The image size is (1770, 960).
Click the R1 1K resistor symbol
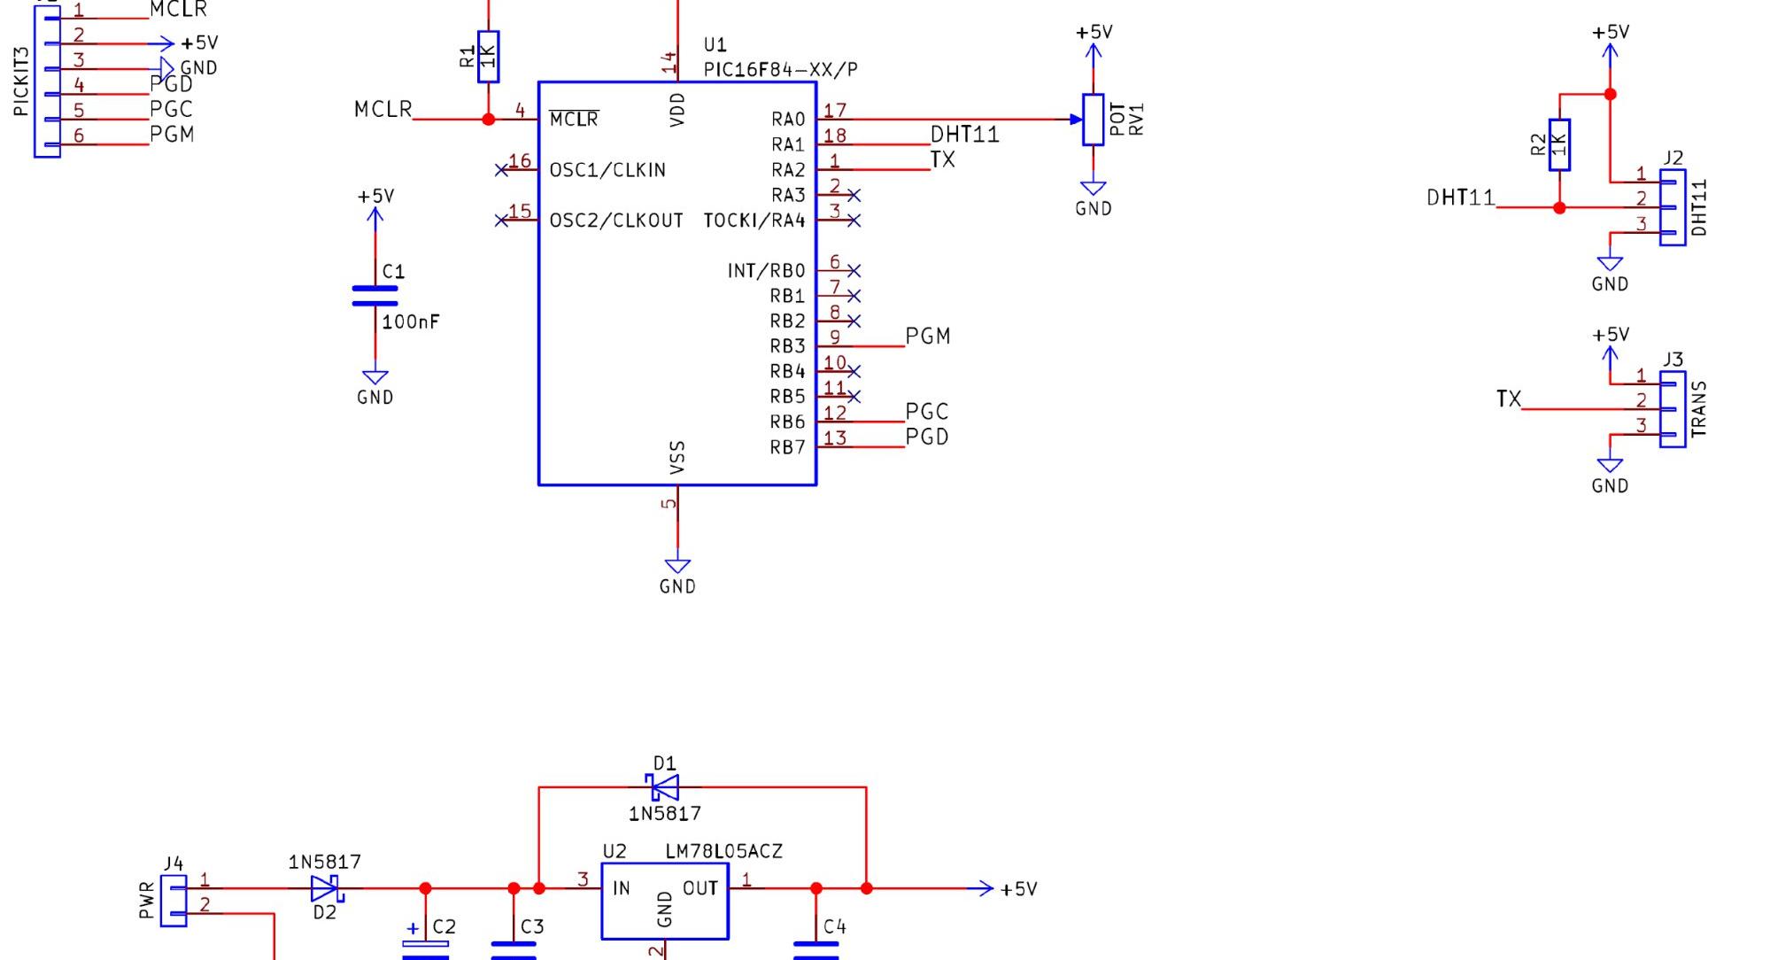point(488,57)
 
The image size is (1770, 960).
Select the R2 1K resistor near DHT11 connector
point(1559,144)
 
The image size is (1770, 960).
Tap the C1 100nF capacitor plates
point(375,296)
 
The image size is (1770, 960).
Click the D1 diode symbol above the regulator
point(663,786)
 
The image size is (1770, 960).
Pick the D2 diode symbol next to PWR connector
point(325,887)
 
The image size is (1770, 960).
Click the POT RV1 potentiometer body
point(1094,120)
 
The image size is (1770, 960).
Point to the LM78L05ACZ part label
point(723,851)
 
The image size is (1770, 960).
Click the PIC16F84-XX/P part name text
point(780,69)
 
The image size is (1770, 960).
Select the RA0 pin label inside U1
point(788,120)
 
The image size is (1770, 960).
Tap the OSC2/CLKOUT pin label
point(616,221)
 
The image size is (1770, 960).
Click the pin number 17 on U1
point(835,111)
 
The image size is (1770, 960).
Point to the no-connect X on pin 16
point(501,169)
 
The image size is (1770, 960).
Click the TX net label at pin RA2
point(943,160)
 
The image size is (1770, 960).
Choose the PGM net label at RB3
point(928,337)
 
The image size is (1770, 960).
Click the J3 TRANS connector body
point(1672,409)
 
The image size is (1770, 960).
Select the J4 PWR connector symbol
point(174,901)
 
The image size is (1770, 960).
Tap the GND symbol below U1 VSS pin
point(677,567)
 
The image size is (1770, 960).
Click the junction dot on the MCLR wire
point(488,119)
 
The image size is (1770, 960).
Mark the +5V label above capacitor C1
point(375,197)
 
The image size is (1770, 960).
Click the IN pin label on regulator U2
point(622,888)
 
